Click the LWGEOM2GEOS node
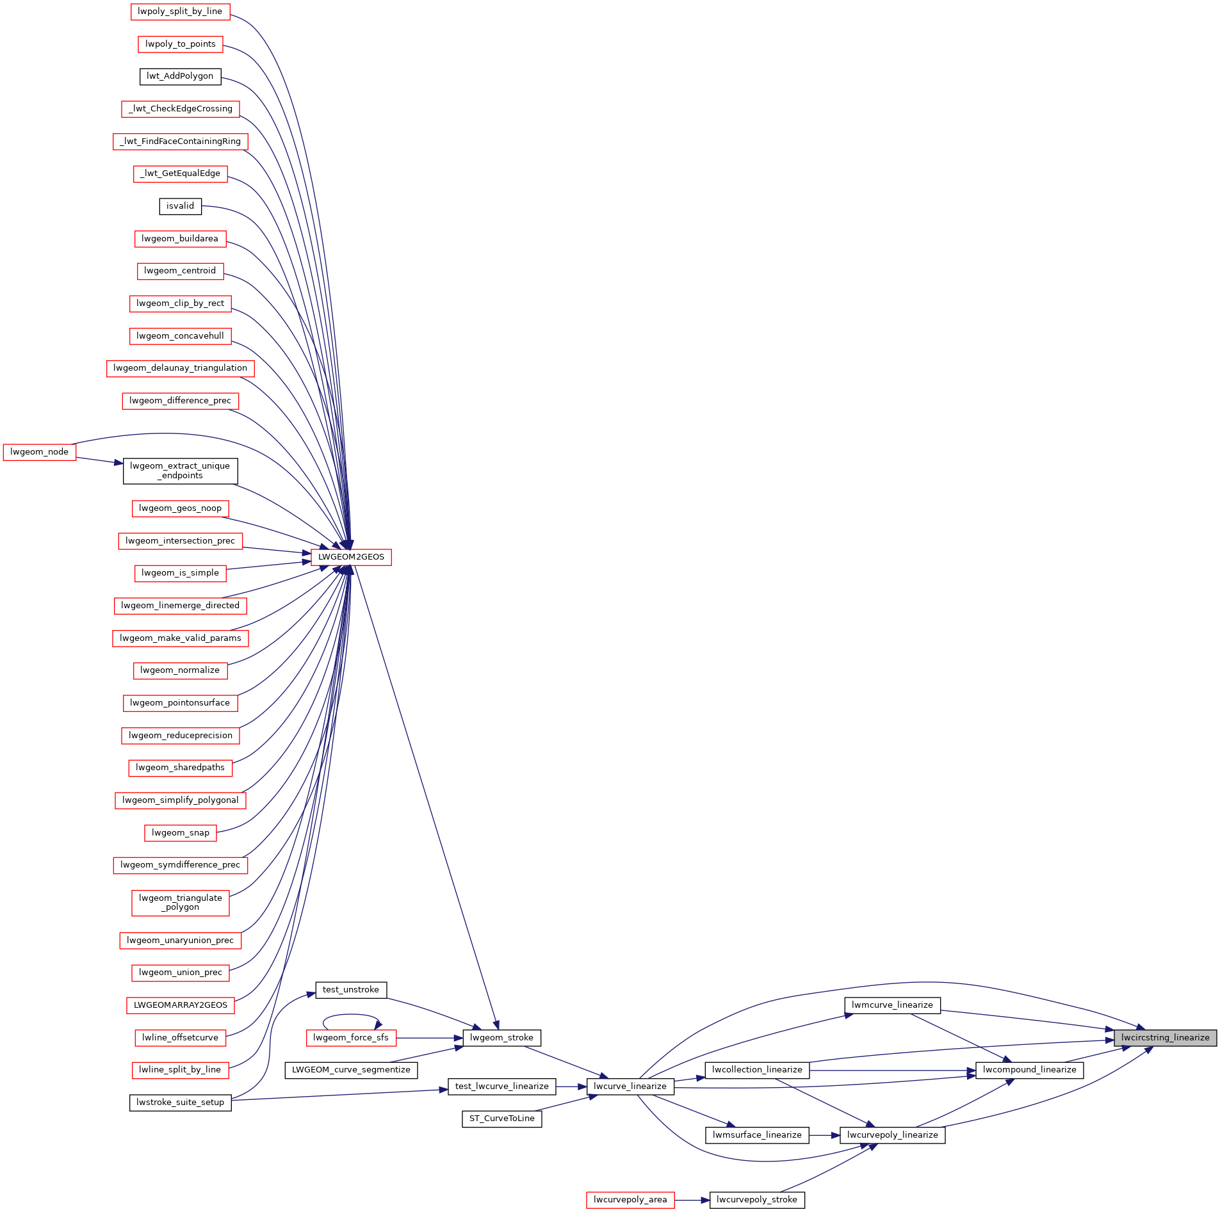coord(351,557)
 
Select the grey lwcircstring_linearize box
coord(1165,1038)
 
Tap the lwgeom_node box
coord(39,452)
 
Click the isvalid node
coord(180,206)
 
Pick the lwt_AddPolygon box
coord(180,76)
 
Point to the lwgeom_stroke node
coord(501,1038)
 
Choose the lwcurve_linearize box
coord(630,1087)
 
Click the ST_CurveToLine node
coord(501,1119)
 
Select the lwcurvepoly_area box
coord(630,1200)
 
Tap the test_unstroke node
coord(351,990)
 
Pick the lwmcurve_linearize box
coord(892,1005)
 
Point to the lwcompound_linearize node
coord(1029,1070)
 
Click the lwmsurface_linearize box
coord(757,1135)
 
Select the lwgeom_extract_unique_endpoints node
coord(180,471)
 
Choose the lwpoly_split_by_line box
coord(180,12)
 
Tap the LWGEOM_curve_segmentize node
coord(351,1070)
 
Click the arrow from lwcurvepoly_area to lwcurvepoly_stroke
coord(692,1200)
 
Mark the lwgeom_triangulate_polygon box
coord(180,903)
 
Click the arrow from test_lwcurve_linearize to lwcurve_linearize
coord(571,1087)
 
